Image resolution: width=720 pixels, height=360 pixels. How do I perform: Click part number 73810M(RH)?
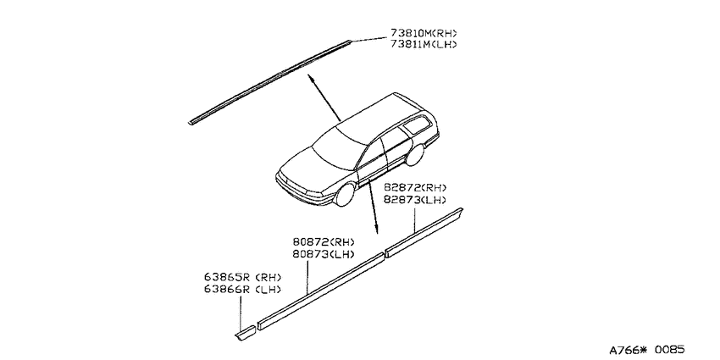pos(424,33)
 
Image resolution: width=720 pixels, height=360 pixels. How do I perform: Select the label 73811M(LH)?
pos(424,45)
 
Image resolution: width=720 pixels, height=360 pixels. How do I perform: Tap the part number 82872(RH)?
pos(415,188)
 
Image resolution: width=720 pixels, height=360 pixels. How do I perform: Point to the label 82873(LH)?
pos(415,199)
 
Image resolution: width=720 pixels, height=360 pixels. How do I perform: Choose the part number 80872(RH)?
pos(324,242)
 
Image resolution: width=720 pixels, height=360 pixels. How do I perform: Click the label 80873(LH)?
pos(324,254)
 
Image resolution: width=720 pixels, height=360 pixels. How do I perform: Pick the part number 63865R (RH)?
pos(242,277)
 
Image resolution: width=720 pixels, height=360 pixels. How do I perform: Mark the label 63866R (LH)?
pos(242,290)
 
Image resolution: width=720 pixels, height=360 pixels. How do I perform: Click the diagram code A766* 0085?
pos(646,350)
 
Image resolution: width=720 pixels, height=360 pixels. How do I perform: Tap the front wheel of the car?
pos(346,195)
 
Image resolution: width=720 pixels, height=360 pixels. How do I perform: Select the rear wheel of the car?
pos(414,155)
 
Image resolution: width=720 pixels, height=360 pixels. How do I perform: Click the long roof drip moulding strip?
pos(270,82)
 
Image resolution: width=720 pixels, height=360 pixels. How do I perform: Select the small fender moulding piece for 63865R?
pos(245,332)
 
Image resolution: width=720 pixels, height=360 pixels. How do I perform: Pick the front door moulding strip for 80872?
pos(320,291)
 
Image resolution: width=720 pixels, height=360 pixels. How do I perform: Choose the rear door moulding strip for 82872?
pos(424,233)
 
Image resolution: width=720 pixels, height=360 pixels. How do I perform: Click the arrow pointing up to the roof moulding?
pos(324,97)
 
